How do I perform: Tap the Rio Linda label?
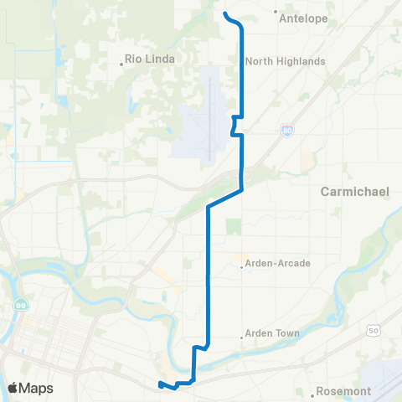149,59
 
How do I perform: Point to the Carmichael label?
355,192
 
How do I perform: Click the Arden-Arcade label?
278,263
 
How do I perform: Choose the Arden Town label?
273,333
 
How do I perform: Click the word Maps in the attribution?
37,389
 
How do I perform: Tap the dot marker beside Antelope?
277,12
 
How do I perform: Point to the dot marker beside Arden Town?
242,338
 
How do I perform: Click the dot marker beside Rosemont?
311,392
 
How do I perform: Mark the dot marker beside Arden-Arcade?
242,267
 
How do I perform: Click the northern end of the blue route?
225,13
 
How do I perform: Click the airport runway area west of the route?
206,134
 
